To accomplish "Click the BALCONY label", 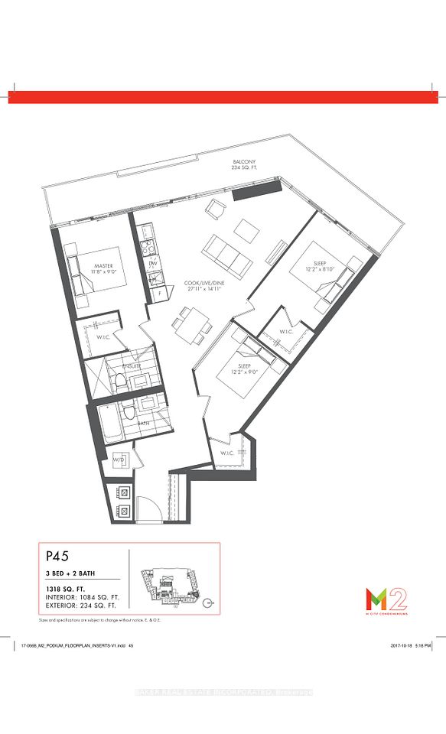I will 246,163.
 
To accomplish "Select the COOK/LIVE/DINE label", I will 202,283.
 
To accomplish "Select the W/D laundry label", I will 120,460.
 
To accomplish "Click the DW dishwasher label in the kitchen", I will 151,264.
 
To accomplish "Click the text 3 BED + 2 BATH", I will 71,573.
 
